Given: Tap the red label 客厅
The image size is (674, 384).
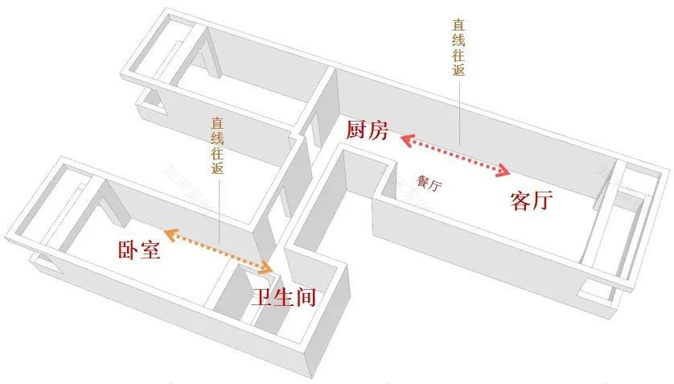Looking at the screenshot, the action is tap(531, 200).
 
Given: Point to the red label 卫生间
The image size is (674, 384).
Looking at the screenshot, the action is tap(282, 297).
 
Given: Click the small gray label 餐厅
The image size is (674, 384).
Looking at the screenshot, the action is tap(429, 184).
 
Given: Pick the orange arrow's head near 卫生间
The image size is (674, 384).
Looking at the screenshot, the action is tap(268, 266).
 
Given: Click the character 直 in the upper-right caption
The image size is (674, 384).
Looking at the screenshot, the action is tap(458, 25).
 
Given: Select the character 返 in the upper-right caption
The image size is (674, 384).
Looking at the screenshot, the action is tap(458, 71).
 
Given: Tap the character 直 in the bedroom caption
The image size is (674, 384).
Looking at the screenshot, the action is tap(217, 124).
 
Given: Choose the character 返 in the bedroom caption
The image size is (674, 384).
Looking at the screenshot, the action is tap(217, 169).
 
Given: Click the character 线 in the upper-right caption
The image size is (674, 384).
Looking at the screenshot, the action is tap(458, 40).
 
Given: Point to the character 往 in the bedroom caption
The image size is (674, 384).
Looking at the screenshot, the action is tap(217, 154).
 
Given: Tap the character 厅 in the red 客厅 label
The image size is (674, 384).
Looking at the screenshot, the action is tap(542, 200).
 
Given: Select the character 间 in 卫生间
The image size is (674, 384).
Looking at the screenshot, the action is tap(304, 297).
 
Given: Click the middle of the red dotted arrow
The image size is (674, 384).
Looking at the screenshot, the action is tap(455, 155).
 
